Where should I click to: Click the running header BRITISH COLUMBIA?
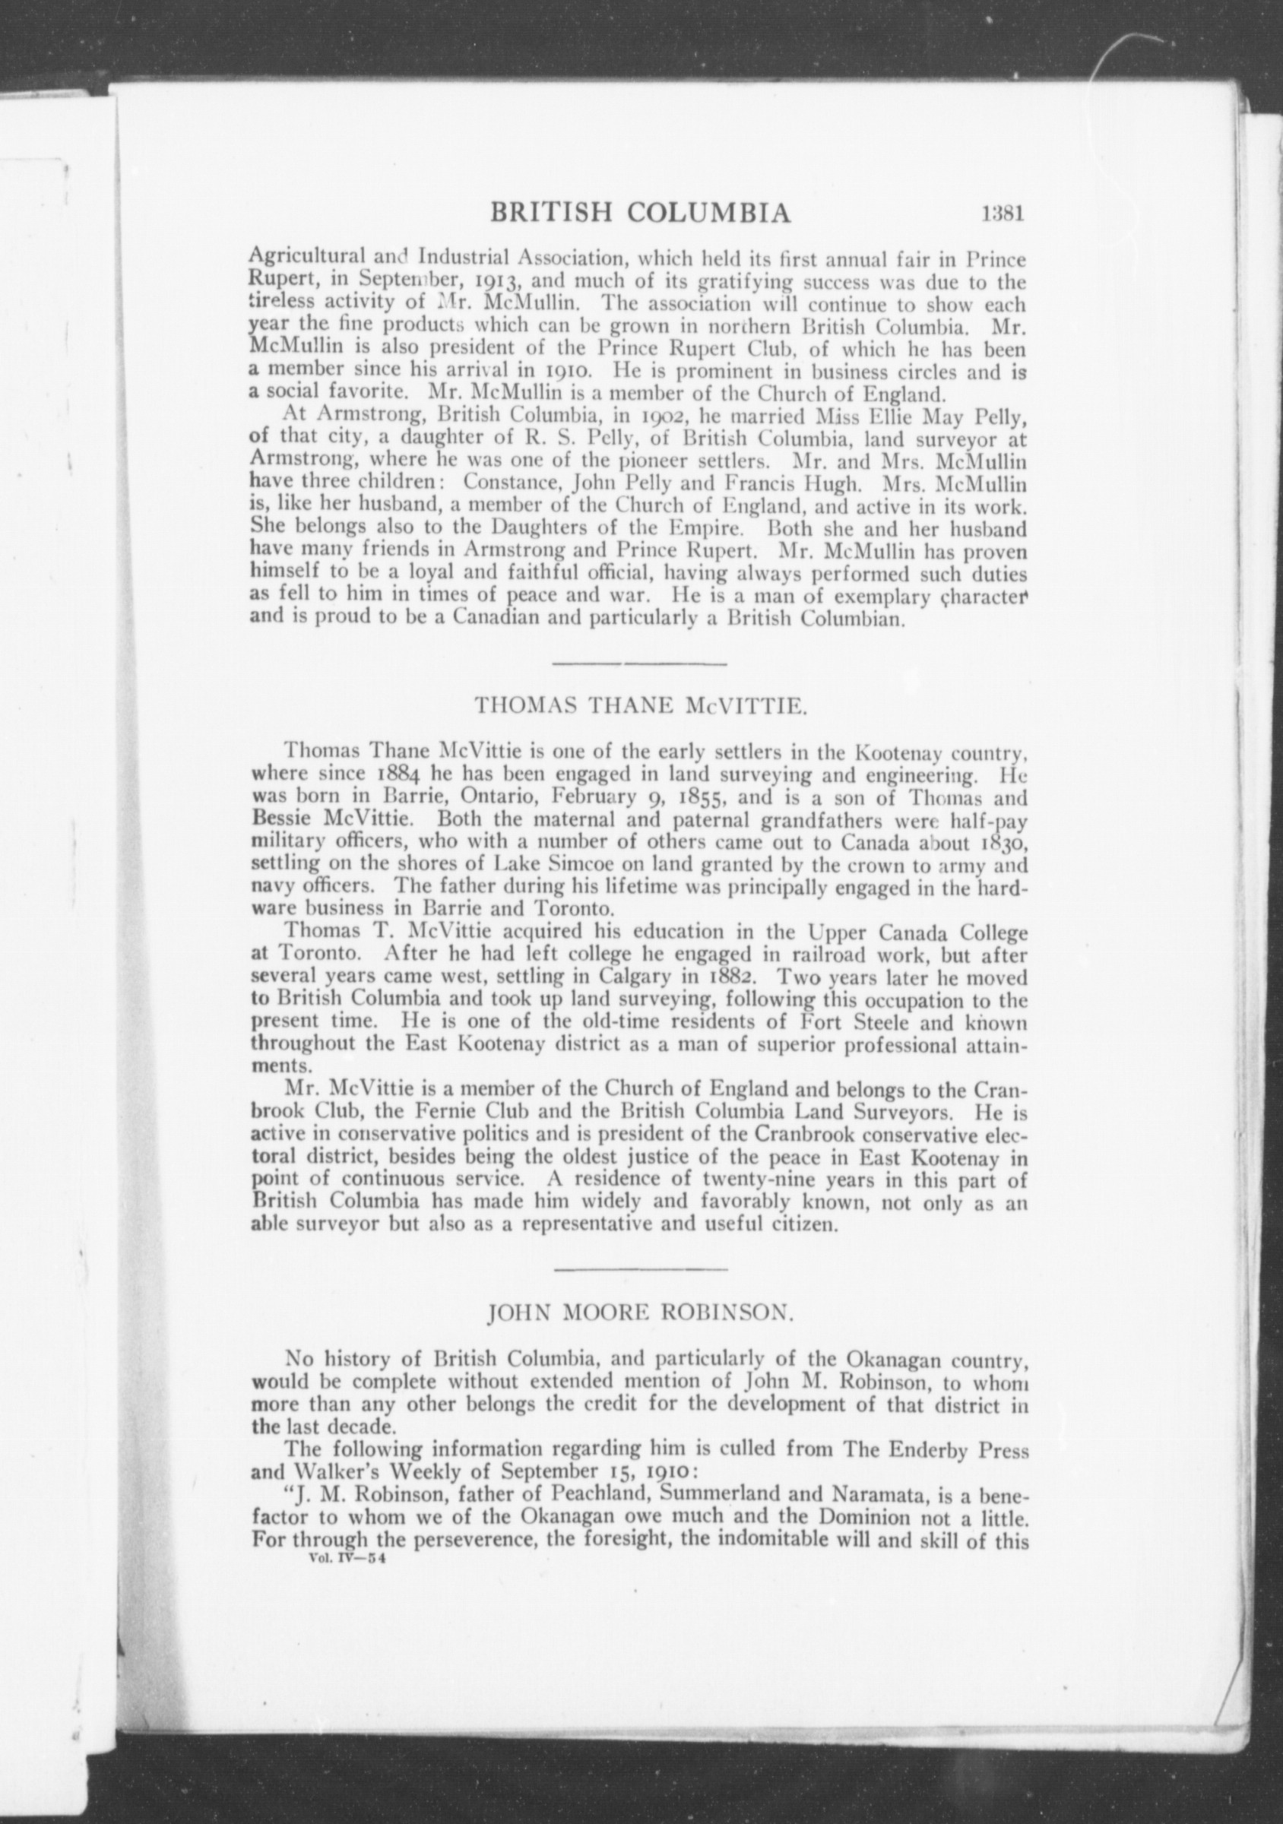click(x=641, y=214)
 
